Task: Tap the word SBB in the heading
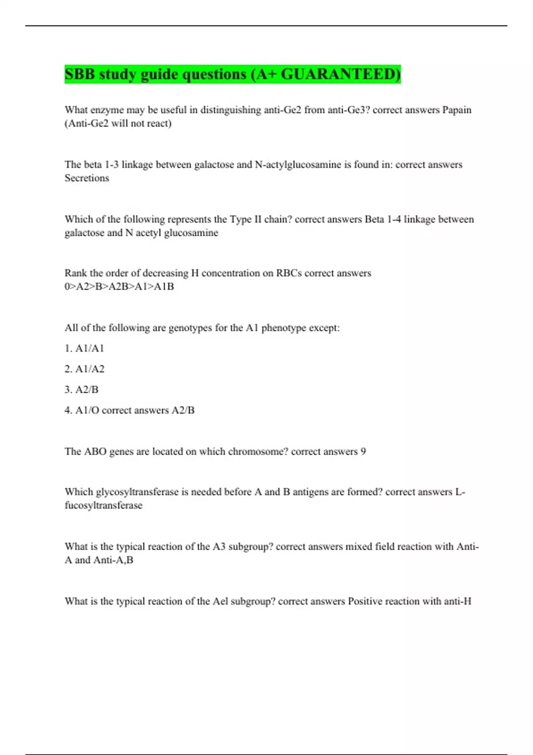click(x=80, y=74)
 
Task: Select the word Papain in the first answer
click(x=457, y=110)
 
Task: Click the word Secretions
click(x=87, y=178)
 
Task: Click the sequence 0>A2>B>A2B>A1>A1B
click(x=119, y=286)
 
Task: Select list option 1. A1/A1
click(x=84, y=348)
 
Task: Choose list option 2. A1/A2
click(x=84, y=369)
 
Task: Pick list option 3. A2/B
click(x=82, y=389)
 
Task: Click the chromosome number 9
click(x=363, y=452)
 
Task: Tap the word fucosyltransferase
click(x=103, y=505)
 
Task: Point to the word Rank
click(x=76, y=273)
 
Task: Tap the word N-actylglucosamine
click(x=298, y=165)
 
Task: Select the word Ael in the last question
click(x=220, y=601)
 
